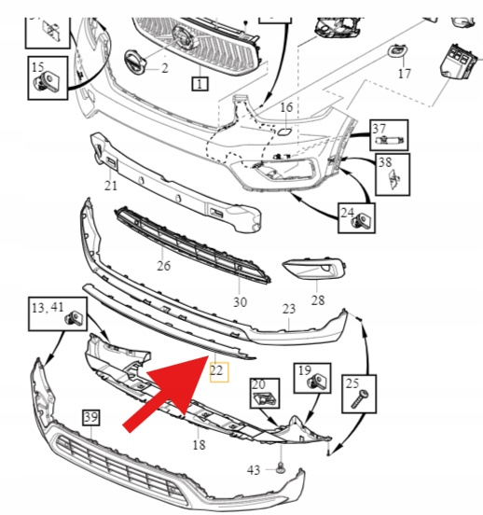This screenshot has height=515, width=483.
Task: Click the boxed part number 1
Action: (200, 84)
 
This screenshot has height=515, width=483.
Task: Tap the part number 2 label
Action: (164, 68)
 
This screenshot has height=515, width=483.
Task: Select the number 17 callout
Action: (404, 74)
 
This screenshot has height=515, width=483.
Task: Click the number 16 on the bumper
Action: (286, 107)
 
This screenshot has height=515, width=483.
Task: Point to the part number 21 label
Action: (111, 186)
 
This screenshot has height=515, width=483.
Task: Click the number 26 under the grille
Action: (163, 265)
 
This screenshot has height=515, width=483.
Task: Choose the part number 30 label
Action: (240, 302)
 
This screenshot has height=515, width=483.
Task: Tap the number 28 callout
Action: (318, 299)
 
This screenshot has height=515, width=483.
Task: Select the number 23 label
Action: (289, 309)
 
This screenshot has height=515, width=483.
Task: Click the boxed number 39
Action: (91, 417)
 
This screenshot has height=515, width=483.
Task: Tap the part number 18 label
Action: (199, 445)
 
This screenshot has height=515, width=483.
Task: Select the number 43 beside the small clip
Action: (254, 470)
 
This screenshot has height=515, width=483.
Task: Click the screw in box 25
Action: (360, 398)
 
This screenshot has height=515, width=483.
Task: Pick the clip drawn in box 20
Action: (265, 399)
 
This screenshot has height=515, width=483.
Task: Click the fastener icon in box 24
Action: (361, 220)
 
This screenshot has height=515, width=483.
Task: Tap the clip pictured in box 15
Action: (47, 81)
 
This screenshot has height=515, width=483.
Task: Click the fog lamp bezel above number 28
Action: (314, 268)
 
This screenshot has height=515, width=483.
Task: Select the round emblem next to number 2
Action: (135, 63)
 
